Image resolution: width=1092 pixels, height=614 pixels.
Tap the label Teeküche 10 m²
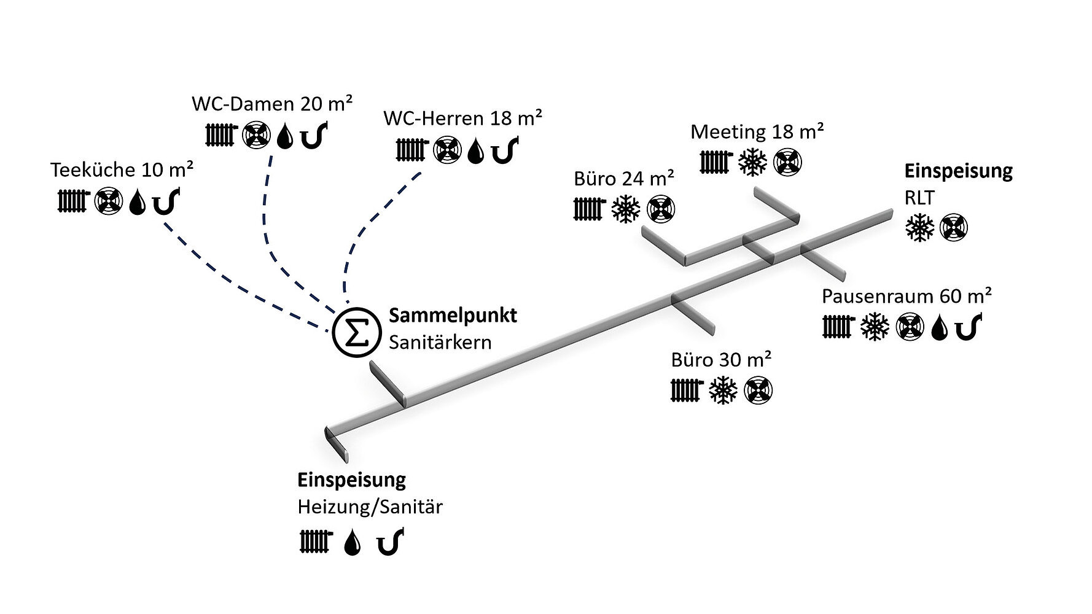coord(122,170)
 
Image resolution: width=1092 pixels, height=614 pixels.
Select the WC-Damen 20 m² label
coord(271,104)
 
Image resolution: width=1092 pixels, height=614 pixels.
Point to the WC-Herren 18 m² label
coord(462,118)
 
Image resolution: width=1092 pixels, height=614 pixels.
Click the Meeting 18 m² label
coord(757,132)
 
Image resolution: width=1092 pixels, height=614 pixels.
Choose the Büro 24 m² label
coord(624,179)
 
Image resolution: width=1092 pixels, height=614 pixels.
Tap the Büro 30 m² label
coord(721,360)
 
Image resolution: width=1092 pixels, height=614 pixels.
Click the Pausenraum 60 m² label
coord(907,297)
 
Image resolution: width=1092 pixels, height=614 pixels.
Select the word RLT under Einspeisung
coord(919,198)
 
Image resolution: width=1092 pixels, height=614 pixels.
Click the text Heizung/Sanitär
coord(370,507)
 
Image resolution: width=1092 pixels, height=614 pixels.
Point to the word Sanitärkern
coord(440,342)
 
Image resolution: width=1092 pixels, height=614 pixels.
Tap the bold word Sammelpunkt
coord(453,316)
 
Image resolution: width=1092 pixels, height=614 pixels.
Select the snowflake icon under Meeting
coord(752,162)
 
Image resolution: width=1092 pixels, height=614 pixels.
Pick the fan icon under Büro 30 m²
coord(759,391)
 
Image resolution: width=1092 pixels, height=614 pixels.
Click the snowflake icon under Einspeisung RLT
coord(919,228)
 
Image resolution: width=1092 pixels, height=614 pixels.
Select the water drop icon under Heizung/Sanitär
coord(352,543)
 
